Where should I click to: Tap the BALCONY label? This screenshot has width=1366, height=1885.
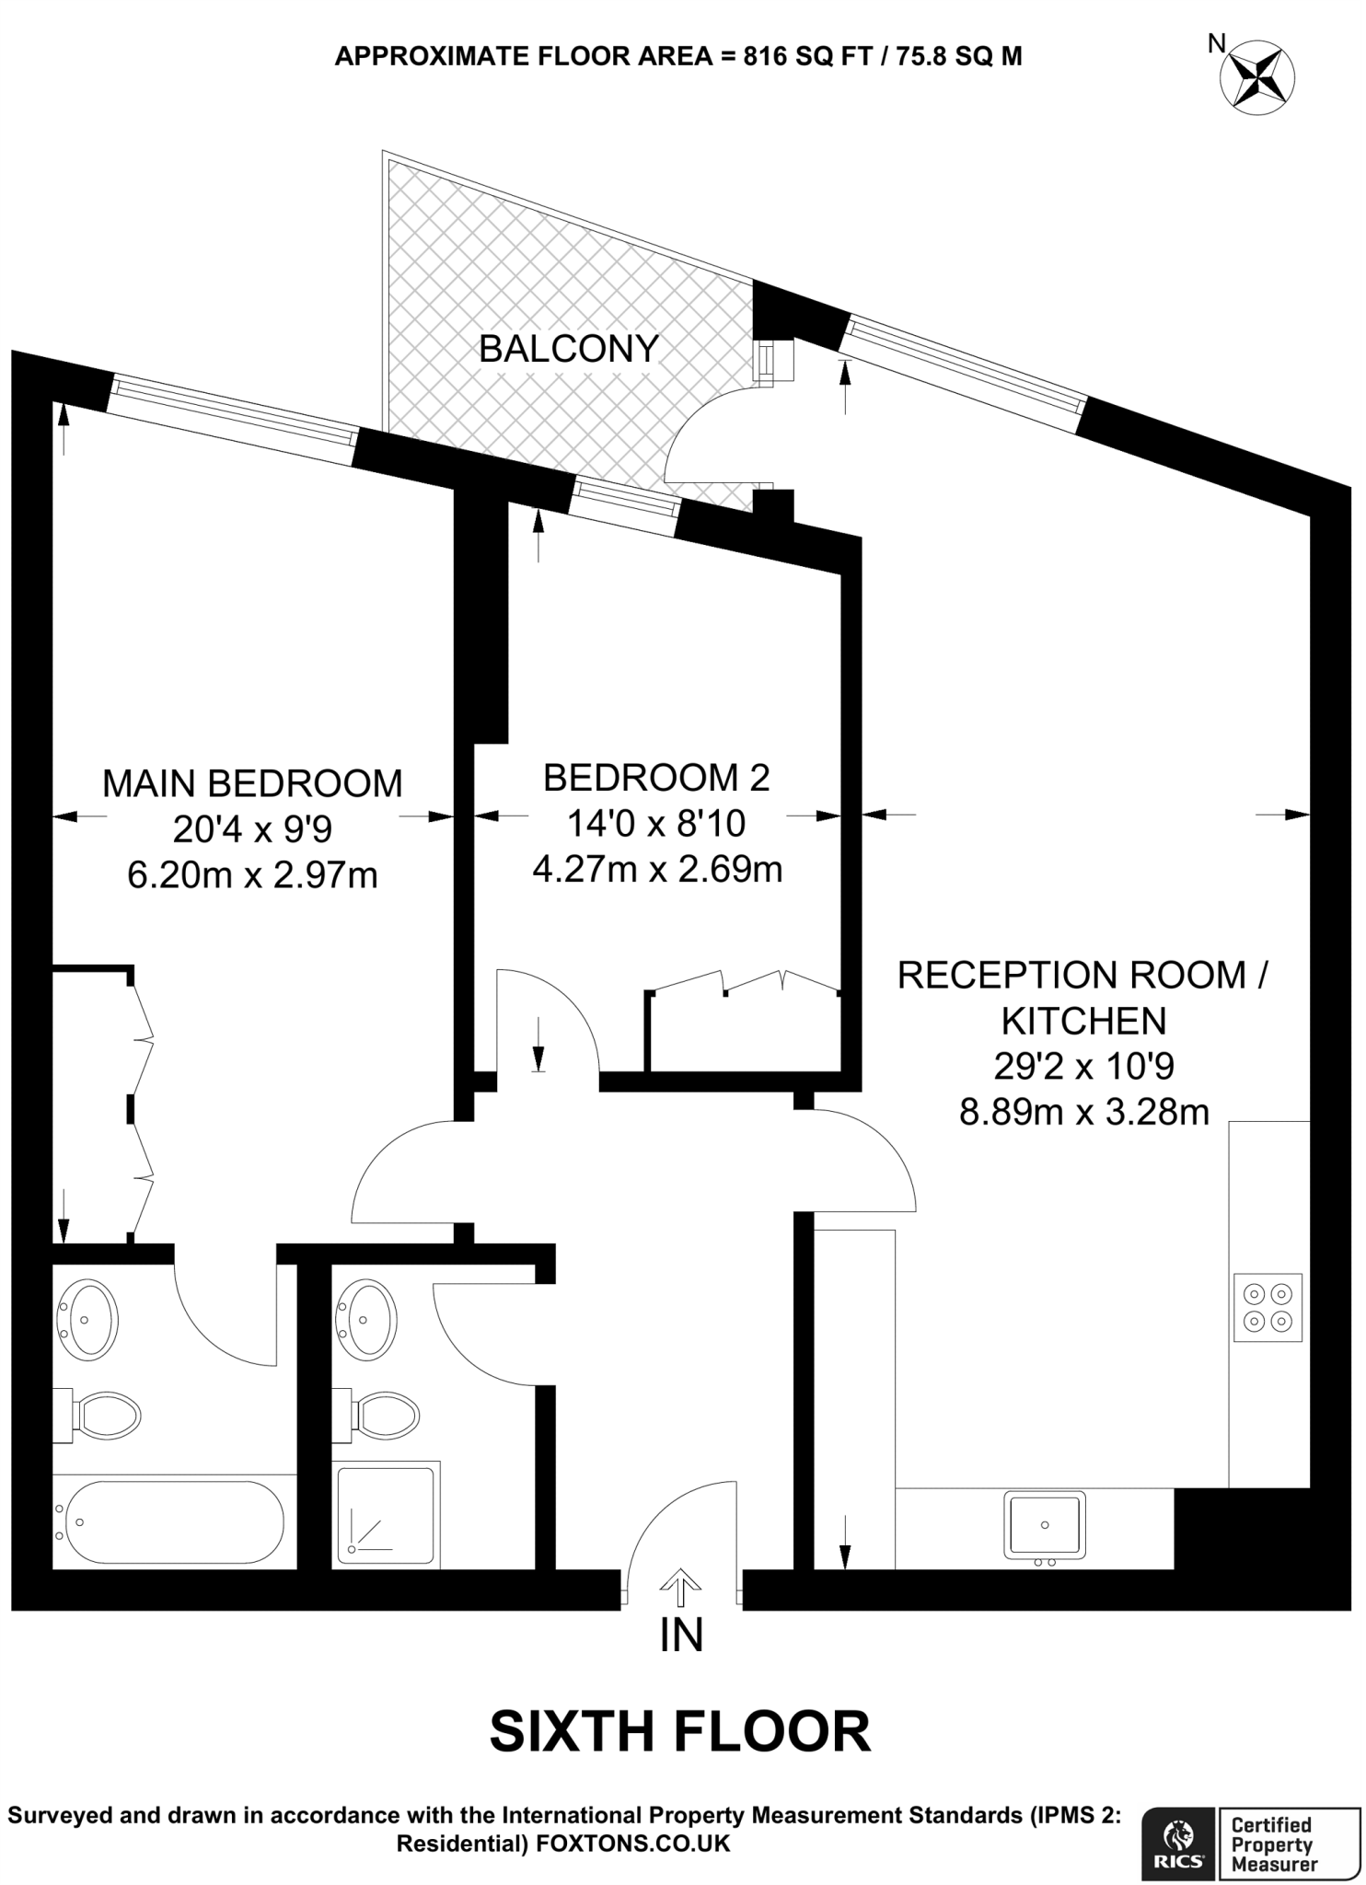tap(569, 349)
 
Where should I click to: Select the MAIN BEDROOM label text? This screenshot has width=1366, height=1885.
tap(252, 783)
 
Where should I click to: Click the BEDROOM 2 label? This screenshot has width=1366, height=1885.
tap(655, 778)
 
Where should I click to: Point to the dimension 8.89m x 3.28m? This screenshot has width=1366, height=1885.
tap(1083, 1113)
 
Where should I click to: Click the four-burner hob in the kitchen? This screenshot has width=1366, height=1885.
tap(1268, 1308)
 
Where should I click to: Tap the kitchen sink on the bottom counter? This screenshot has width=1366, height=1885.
tap(1045, 1525)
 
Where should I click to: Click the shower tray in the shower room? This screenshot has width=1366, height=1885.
tap(385, 1515)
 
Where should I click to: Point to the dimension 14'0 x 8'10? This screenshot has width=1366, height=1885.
tap(655, 824)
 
